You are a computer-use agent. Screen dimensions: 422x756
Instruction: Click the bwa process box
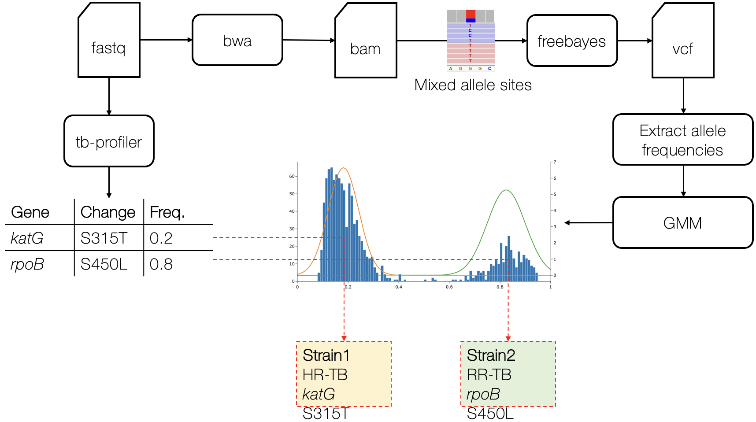(237, 40)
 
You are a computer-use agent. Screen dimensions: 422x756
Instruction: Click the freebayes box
(572, 41)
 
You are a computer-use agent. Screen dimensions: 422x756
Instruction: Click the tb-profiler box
(109, 141)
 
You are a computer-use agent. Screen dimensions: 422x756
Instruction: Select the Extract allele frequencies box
(682, 140)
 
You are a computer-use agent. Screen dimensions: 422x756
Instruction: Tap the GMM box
(682, 223)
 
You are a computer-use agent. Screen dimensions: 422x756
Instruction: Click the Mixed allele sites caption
(473, 85)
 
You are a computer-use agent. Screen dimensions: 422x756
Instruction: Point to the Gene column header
(30, 212)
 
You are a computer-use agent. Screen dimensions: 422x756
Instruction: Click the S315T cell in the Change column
(104, 238)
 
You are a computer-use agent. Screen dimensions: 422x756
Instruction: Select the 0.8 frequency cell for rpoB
(161, 264)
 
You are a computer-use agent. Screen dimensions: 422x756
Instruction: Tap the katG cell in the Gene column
(27, 238)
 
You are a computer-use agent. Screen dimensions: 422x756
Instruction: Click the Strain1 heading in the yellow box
(326, 355)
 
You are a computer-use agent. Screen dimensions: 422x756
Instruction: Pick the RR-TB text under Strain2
(489, 375)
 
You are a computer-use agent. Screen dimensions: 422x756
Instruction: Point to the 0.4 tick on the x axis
(399, 287)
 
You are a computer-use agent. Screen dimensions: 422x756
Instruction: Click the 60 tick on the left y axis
(292, 176)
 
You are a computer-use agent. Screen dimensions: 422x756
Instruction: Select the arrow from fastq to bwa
(166, 40)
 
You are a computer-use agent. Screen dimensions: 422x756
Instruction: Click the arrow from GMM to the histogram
(588, 223)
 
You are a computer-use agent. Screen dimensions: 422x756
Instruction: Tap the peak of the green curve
(507, 190)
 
